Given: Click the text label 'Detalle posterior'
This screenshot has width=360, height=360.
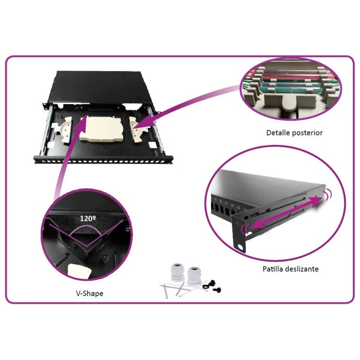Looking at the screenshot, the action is (294, 132).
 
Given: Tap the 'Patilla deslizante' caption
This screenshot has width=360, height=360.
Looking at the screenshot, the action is (290, 269).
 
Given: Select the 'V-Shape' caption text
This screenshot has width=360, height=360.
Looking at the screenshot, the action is (90, 293).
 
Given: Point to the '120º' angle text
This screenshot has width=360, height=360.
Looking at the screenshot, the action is (88, 218).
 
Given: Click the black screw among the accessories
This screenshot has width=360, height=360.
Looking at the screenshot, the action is (217, 290).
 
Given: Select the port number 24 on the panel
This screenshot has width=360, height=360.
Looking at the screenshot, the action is (245, 209).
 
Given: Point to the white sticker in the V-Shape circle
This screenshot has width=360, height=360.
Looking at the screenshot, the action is (79, 271).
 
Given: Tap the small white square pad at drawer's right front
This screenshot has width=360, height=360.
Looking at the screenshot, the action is (152, 144).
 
